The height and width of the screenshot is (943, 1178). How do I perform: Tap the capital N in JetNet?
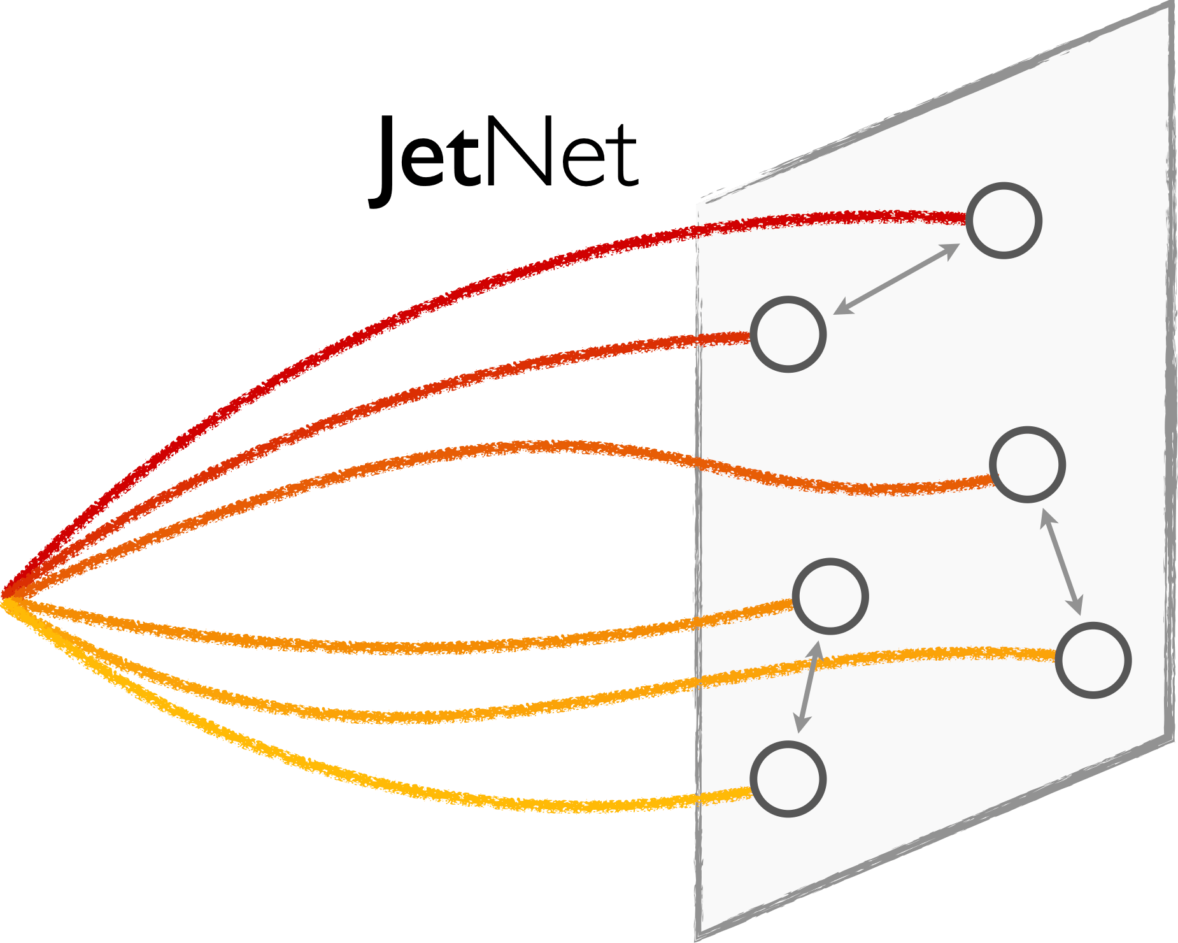tap(517, 153)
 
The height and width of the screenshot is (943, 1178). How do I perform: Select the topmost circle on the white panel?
tap(1004, 220)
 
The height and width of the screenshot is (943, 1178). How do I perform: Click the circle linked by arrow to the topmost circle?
tap(788, 334)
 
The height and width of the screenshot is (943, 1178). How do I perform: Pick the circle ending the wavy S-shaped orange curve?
tap(1028, 464)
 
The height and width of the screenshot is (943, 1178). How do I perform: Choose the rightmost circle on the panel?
tap(1093, 660)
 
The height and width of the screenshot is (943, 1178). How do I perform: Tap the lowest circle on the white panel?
tap(788, 779)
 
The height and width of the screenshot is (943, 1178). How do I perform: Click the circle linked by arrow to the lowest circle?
tap(830, 596)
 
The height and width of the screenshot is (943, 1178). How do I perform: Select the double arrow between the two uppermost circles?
tap(897, 278)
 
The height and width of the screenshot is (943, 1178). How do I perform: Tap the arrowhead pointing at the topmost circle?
tap(953, 248)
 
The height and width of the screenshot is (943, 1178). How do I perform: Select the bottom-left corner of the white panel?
tap(698, 935)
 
